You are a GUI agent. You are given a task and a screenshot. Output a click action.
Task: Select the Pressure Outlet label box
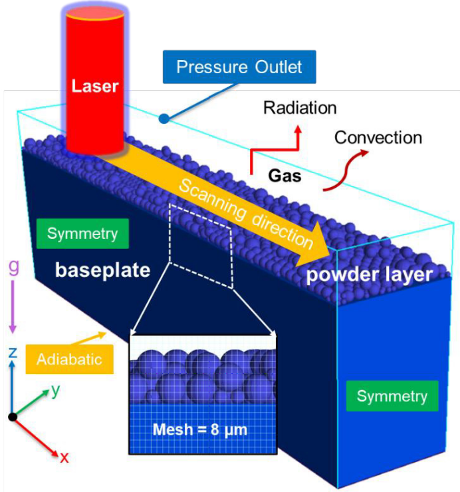coord(239,67)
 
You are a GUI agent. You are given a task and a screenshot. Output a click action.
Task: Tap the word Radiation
coord(300,108)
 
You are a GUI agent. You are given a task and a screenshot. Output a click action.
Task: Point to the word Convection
coord(378,137)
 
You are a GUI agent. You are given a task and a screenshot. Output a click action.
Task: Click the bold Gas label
coord(285,175)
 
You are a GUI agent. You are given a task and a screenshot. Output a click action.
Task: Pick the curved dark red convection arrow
coord(346,170)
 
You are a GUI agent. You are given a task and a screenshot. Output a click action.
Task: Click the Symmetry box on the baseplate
coord(82,234)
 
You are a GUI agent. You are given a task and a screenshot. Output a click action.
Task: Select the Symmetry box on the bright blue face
coord(392,396)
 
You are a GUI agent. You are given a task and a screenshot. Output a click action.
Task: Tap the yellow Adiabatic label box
coord(69,359)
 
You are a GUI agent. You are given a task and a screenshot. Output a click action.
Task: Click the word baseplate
coord(103,270)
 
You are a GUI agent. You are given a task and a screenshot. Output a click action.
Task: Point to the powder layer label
coord(370,274)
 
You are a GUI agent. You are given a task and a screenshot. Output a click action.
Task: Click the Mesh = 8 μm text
coord(200,429)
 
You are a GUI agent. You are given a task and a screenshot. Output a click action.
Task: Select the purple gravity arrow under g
coord(13,306)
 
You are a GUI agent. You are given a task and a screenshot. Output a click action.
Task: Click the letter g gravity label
coord(13,268)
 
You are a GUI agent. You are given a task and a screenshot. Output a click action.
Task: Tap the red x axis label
coord(64,458)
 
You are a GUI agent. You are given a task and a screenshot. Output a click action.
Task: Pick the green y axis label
coord(55,391)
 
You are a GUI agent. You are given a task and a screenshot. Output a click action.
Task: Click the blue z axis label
coord(13,353)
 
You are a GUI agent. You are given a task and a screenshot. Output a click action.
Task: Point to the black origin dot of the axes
coord(13,417)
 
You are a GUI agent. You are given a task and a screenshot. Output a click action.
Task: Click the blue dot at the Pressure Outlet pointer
coord(164,119)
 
